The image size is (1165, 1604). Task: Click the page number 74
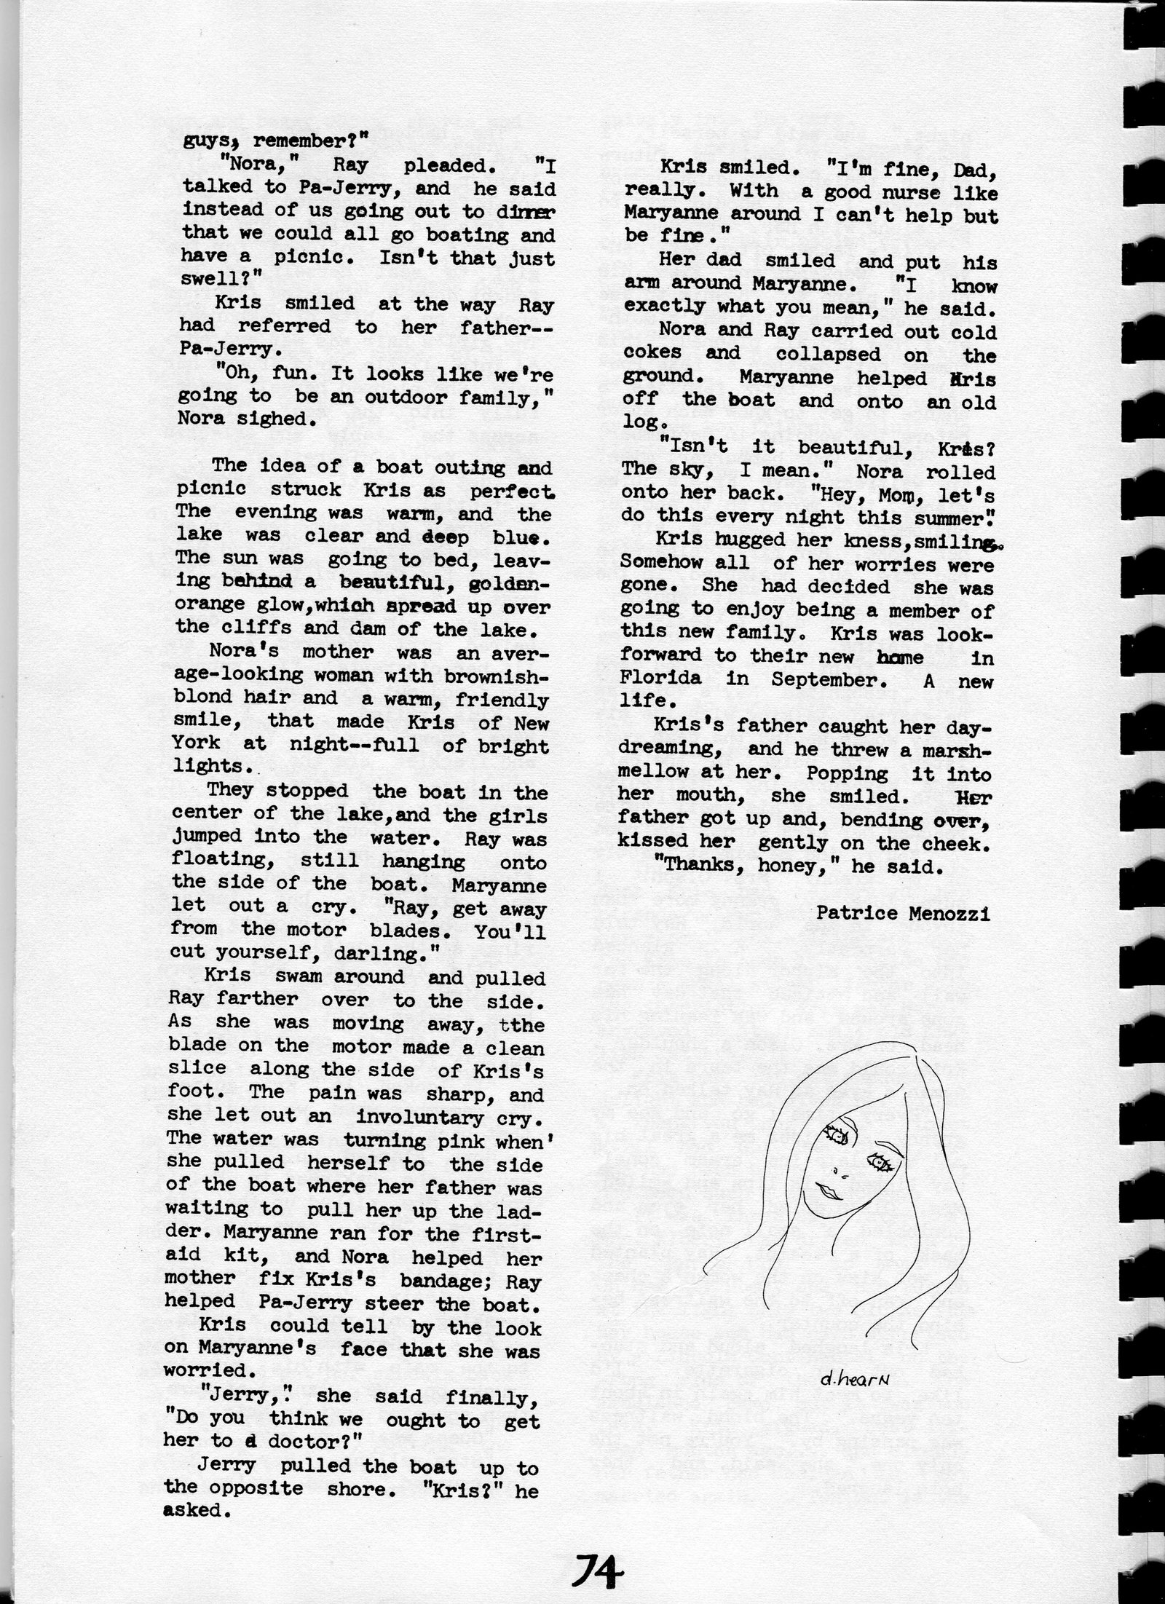point(594,1559)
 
